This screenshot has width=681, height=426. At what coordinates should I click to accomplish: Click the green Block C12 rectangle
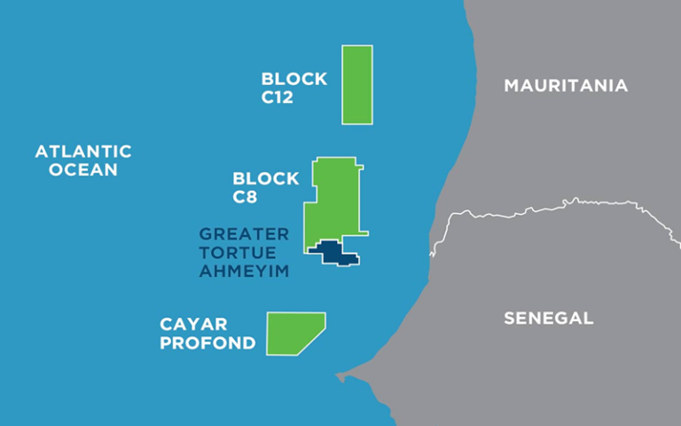(x=357, y=84)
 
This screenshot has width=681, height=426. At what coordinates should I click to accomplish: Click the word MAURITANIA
(x=566, y=86)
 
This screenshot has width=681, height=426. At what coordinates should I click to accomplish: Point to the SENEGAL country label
(x=548, y=318)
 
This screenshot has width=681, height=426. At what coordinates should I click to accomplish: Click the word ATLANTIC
(x=83, y=152)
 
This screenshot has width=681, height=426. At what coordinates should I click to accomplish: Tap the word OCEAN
(x=83, y=170)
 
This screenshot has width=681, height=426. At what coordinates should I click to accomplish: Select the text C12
(x=278, y=97)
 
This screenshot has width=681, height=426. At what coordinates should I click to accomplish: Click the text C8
(x=246, y=197)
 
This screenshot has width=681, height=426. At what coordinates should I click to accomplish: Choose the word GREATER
(x=244, y=234)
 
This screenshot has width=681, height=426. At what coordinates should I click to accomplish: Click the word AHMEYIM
(x=244, y=272)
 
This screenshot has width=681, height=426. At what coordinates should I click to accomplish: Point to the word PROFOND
(x=207, y=343)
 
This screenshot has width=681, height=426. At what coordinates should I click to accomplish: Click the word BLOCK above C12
(x=294, y=79)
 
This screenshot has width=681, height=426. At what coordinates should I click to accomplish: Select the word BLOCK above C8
(x=265, y=178)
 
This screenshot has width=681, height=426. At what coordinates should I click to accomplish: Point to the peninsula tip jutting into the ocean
(x=340, y=377)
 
